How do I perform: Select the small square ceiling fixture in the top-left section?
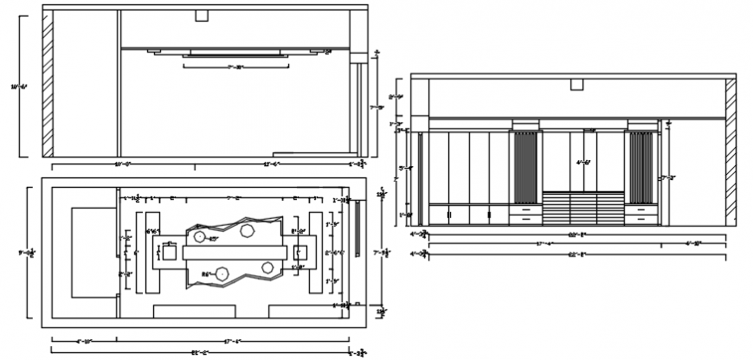(202, 16)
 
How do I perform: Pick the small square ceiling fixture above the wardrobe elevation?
(576, 84)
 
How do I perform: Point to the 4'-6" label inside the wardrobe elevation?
(584, 162)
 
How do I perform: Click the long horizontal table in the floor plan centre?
(235, 252)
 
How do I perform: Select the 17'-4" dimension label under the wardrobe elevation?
(544, 244)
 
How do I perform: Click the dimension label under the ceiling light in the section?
(234, 67)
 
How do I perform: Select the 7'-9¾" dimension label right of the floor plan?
(381, 253)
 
